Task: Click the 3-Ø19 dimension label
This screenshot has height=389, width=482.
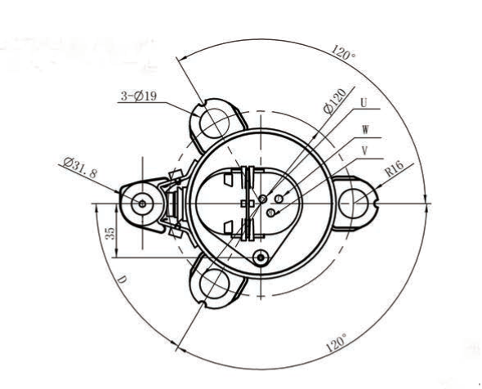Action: (x=139, y=96)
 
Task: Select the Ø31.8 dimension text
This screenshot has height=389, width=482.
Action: (x=80, y=168)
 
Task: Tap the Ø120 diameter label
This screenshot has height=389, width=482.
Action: (x=335, y=101)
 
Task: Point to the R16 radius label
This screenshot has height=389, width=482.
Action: (x=395, y=168)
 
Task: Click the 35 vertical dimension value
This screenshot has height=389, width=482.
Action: (x=110, y=234)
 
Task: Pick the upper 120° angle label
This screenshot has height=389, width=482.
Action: (x=343, y=52)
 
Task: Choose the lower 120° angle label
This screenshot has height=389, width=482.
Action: (x=336, y=342)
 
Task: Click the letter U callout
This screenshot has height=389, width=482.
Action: (x=364, y=103)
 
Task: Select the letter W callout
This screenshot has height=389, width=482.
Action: (x=365, y=129)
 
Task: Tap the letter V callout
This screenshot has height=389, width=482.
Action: (x=365, y=150)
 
